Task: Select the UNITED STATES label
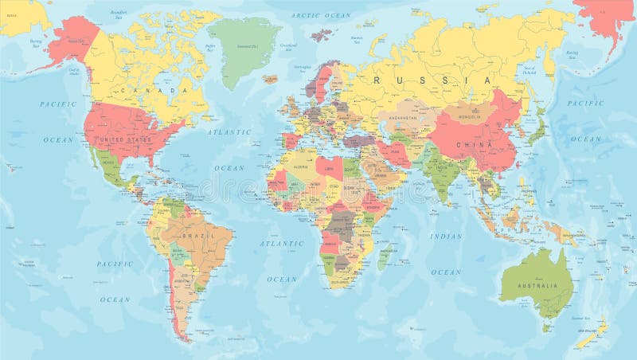(123, 139)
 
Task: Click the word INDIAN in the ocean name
(446, 236)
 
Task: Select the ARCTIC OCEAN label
(321, 15)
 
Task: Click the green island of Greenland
(243, 48)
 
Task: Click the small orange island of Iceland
(271, 79)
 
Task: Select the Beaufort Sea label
(119, 14)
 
